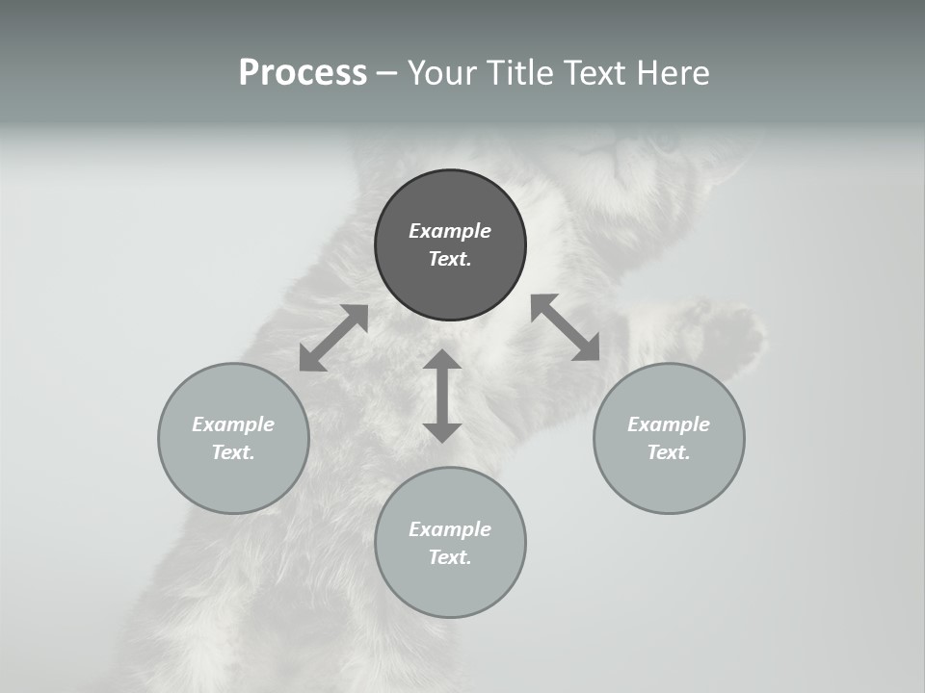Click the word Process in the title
pos(303,73)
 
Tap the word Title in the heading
pos(519,73)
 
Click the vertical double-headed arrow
pos(442,397)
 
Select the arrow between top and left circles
pos(333,338)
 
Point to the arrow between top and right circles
pos(566,327)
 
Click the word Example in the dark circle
pos(450,231)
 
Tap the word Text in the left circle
pos(233,452)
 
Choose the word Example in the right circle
pos(669,424)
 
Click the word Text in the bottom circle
pos(450,557)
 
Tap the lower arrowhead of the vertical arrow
pos(442,432)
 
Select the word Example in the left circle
pos(233,424)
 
